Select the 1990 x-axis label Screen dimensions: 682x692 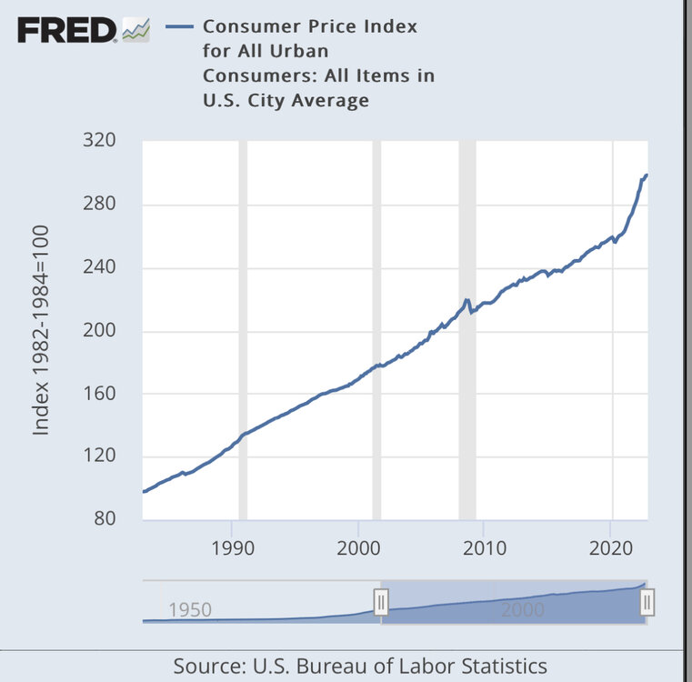pyautogui.click(x=232, y=548)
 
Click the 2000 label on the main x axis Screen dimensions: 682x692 pyautogui.click(x=358, y=548)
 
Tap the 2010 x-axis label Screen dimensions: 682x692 pyautogui.click(x=484, y=548)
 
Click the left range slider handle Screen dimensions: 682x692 pyautogui.click(x=381, y=601)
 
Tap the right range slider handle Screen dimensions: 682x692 pyautogui.click(x=647, y=601)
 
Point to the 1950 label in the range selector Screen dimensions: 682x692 pyautogui.click(x=190, y=609)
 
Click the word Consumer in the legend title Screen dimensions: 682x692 pyautogui.click(x=247, y=26)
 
